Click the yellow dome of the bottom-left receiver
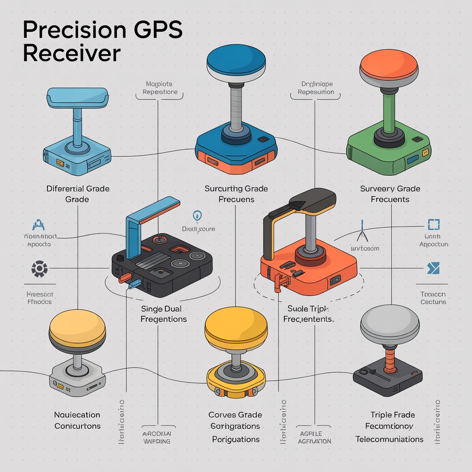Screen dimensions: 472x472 click(x=77, y=328)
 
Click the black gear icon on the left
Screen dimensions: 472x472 click(x=39, y=268)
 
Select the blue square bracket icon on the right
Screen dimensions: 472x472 click(x=434, y=224)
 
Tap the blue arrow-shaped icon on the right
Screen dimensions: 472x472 click(x=433, y=268)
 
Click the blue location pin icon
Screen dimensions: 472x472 click(x=197, y=215)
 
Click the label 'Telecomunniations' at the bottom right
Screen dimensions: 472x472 click(x=389, y=439)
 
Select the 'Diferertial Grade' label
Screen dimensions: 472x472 click(x=78, y=189)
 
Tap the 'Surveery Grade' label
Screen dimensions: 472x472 click(x=390, y=189)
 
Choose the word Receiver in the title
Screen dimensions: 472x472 click(x=71, y=53)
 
